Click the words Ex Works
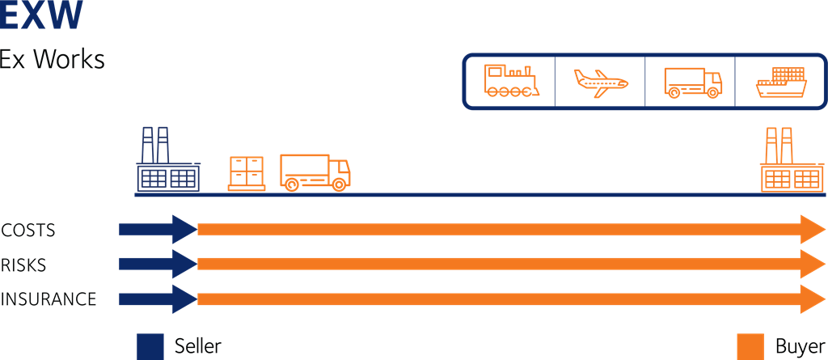pyautogui.click(x=53, y=60)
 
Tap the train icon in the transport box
pyautogui.click(x=509, y=81)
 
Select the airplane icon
pyautogui.click(x=601, y=82)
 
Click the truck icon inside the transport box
pyautogui.click(x=691, y=83)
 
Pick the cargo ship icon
pyautogui.click(x=781, y=83)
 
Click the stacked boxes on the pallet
pyautogui.click(x=247, y=172)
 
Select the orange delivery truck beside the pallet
pyautogui.click(x=315, y=172)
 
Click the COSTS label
pyautogui.click(x=28, y=230)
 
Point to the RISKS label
pyautogui.click(x=24, y=265)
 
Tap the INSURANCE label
pyautogui.click(x=49, y=299)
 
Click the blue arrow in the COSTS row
pyautogui.click(x=158, y=230)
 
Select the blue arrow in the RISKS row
pyautogui.click(x=158, y=265)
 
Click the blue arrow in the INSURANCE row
pyautogui.click(x=158, y=299)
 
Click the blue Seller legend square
pyautogui.click(x=150, y=345)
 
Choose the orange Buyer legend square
pyautogui.click(x=750, y=345)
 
